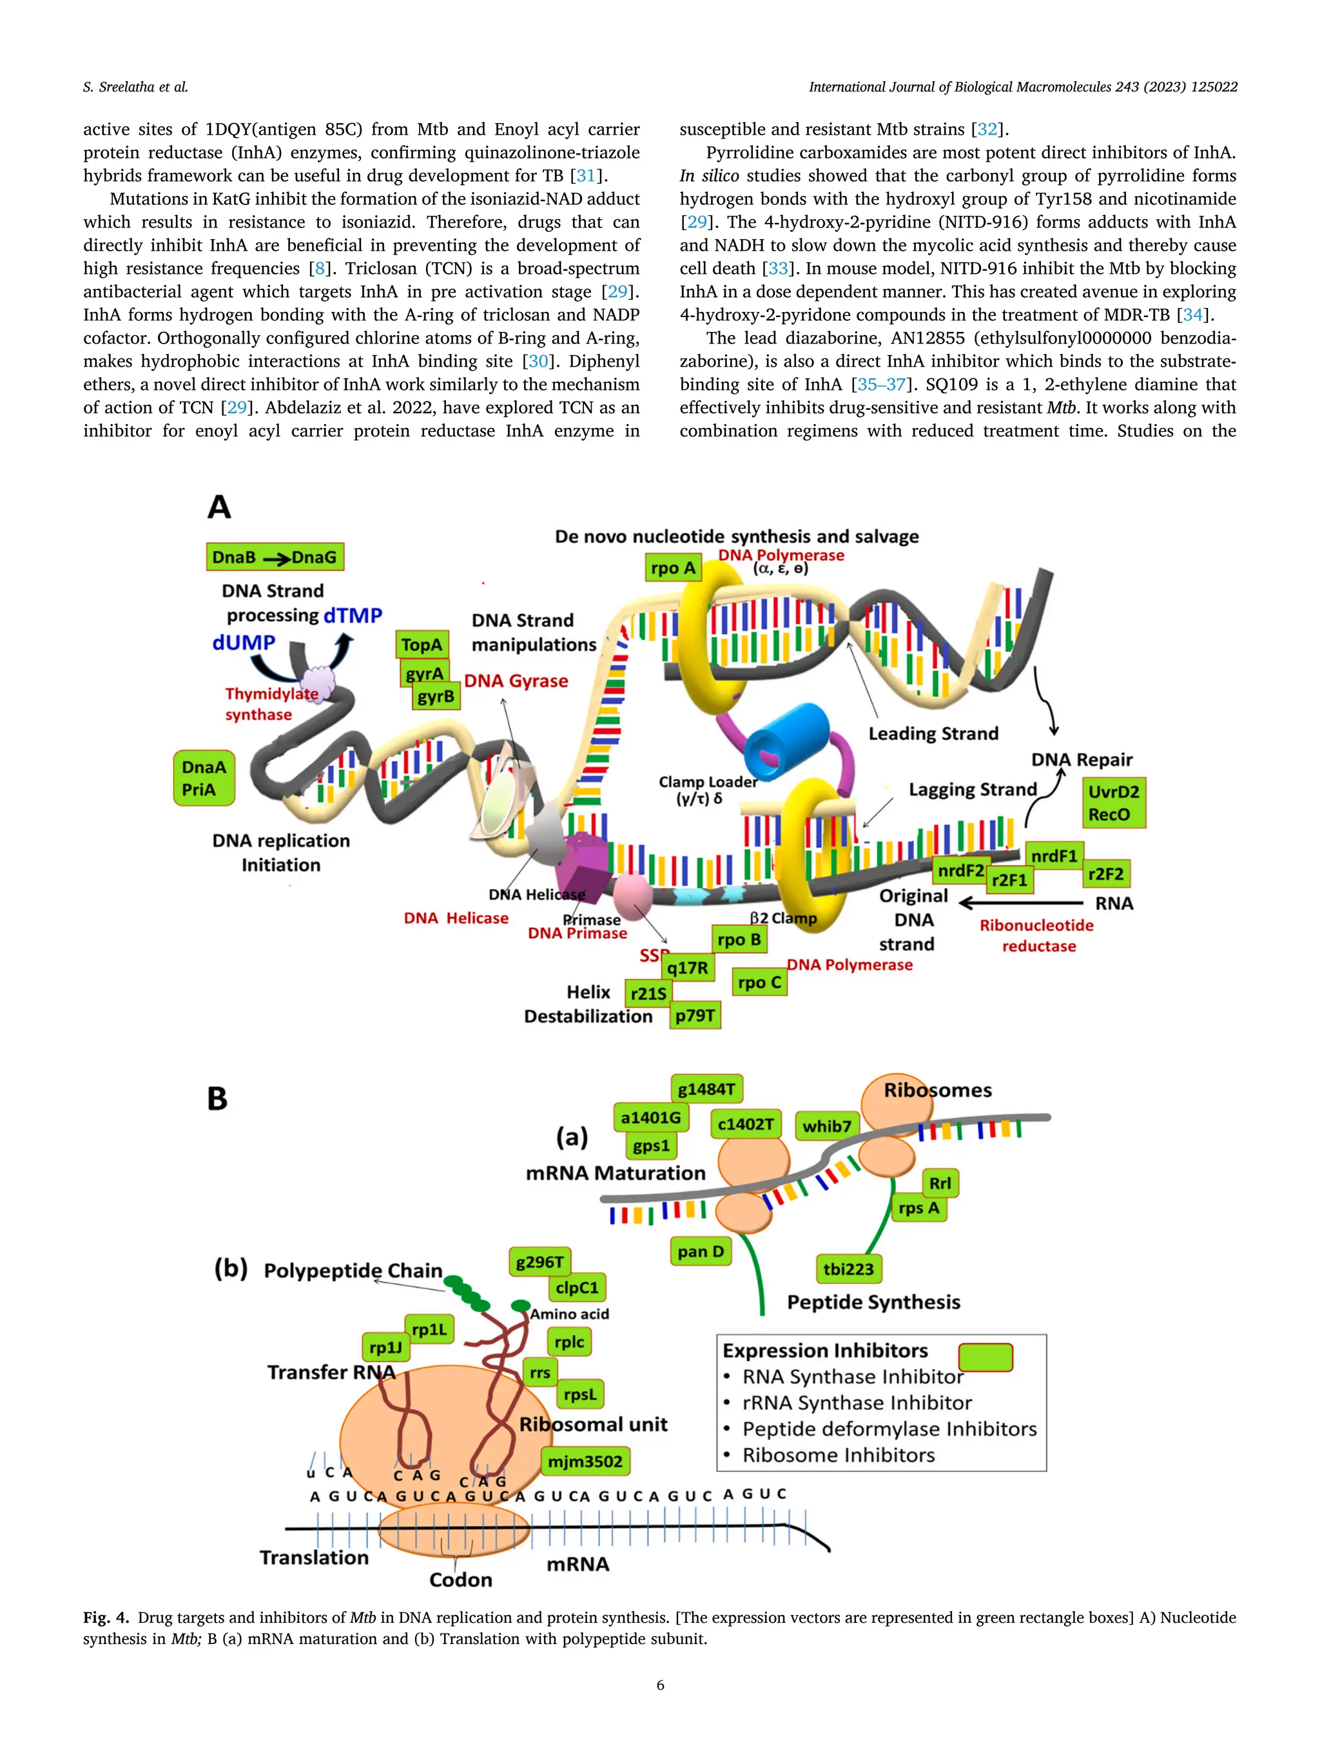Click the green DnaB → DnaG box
[275, 557]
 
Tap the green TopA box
[422, 644]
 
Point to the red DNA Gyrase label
[516, 681]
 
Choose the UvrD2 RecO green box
[1114, 803]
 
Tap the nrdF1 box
[1054, 856]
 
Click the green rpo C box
[760, 982]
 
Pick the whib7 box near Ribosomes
[827, 1126]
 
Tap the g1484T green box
[706, 1088]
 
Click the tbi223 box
[848, 1269]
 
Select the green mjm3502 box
[585, 1462]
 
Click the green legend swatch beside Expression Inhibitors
[985, 1357]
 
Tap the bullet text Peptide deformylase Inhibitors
[889, 1429]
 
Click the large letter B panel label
[217, 1099]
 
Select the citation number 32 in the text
[987, 129]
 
